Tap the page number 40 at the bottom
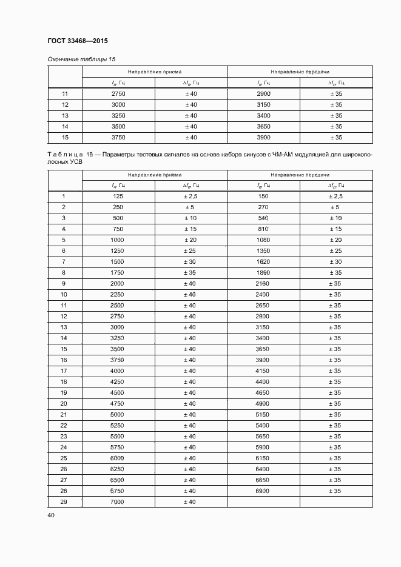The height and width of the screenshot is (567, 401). [x=50, y=515]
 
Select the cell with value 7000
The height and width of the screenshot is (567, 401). [x=118, y=502]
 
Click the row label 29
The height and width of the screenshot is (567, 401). [x=64, y=502]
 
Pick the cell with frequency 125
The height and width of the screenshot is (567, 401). [x=118, y=196]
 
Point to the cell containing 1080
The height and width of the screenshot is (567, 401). [x=263, y=240]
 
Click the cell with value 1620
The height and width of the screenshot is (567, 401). [x=263, y=262]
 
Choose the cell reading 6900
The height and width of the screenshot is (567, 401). [x=263, y=491]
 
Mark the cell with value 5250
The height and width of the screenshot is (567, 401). [x=118, y=425]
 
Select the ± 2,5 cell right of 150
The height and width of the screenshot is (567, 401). [x=335, y=196]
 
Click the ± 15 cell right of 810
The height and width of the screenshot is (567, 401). [x=335, y=229]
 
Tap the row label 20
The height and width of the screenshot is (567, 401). [x=64, y=403]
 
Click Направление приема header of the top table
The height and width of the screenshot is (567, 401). [x=155, y=72]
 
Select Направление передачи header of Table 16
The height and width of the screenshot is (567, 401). [x=300, y=175]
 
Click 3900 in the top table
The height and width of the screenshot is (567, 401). [x=263, y=137]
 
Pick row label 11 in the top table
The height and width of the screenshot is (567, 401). [x=64, y=93]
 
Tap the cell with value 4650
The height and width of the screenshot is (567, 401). [x=263, y=392]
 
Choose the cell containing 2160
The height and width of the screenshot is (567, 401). [x=263, y=284]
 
